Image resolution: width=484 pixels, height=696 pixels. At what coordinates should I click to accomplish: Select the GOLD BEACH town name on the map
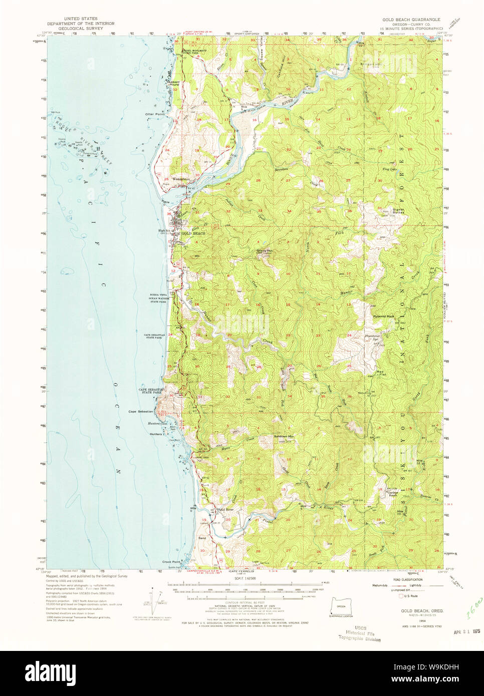click(x=193, y=234)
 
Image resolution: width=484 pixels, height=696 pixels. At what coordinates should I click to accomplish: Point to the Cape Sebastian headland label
click(x=140, y=412)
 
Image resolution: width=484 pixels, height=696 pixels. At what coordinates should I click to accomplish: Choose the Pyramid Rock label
click(x=383, y=316)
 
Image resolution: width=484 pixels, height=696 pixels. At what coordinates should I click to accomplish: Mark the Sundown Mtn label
click(x=283, y=436)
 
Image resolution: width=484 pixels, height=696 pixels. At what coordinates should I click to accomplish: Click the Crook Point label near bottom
click(x=171, y=562)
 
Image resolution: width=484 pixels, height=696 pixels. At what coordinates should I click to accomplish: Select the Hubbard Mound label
click(x=173, y=83)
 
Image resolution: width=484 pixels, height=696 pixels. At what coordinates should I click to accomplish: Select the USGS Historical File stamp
click(x=359, y=633)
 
